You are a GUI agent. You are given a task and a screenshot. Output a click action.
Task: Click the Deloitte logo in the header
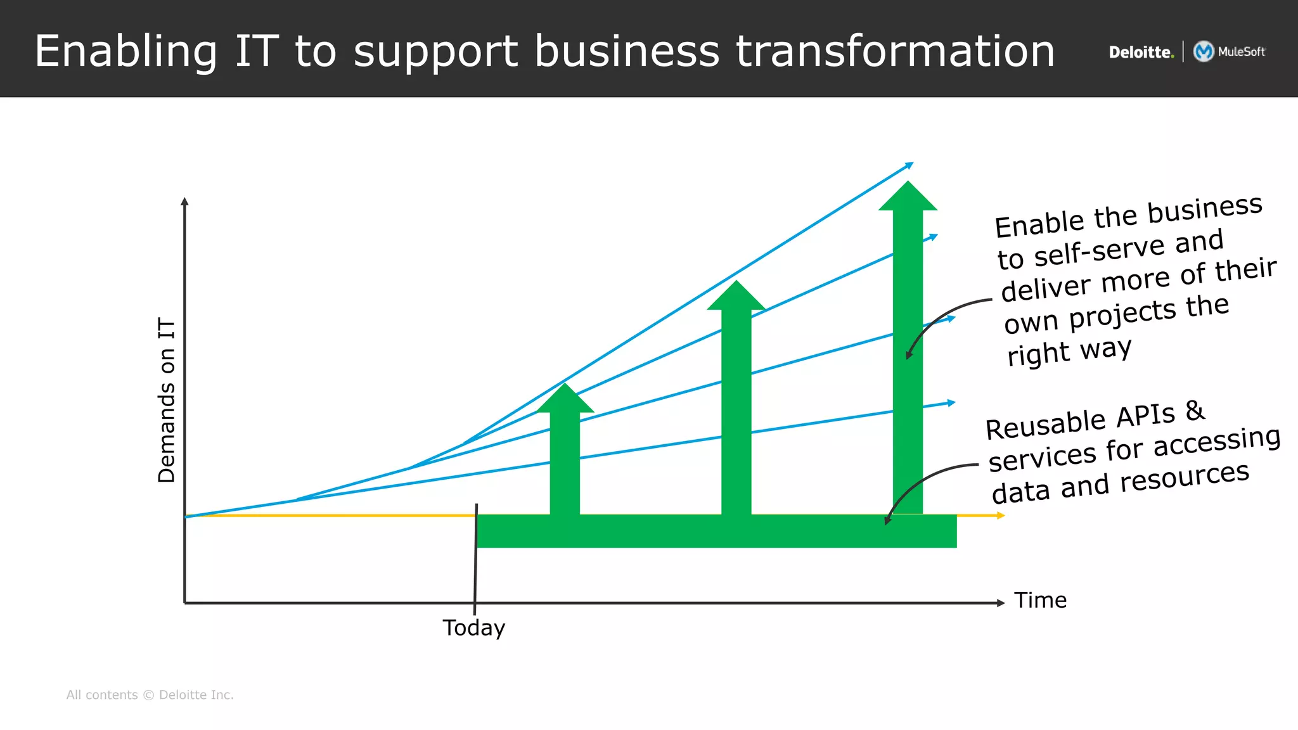point(1141,52)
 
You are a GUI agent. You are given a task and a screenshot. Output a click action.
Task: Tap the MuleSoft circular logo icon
point(1203,51)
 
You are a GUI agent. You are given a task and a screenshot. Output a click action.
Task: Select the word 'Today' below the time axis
point(473,628)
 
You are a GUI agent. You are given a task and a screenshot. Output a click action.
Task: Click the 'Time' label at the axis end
point(1040,600)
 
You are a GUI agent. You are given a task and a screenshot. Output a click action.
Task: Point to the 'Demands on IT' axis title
point(166,400)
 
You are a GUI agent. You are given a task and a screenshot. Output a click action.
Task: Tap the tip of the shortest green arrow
point(565,386)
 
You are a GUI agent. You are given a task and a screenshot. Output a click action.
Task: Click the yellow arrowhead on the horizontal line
point(1001,516)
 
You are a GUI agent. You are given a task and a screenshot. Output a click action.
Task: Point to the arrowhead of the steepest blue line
point(909,165)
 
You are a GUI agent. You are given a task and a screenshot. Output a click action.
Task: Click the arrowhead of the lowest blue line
point(951,402)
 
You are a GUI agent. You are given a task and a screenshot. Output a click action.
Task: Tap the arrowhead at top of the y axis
point(184,202)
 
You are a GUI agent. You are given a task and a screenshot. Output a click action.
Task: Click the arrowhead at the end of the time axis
point(1001,603)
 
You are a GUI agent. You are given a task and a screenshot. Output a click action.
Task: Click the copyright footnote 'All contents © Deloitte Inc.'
point(150,695)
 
